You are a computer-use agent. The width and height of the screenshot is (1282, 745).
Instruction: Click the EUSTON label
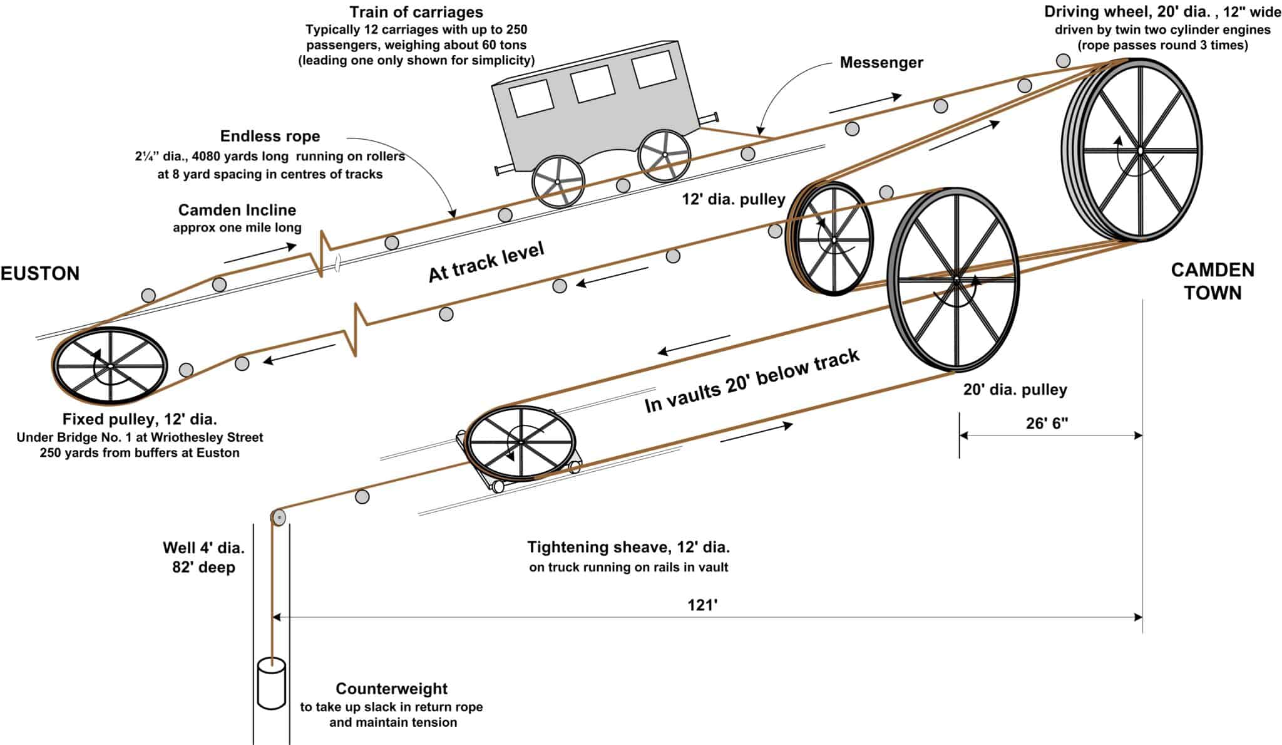click(x=40, y=274)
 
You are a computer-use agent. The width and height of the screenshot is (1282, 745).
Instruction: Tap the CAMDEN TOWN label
click(x=1213, y=281)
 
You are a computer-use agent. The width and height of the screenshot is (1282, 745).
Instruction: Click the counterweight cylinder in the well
click(x=272, y=683)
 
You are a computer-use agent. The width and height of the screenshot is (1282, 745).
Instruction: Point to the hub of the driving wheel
click(x=1141, y=150)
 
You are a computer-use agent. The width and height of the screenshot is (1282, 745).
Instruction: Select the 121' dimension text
click(x=702, y=605)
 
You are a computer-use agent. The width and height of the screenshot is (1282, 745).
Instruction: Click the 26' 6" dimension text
click(x=1047, y=424)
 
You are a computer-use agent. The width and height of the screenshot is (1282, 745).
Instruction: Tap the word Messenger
click(x=881, y=63)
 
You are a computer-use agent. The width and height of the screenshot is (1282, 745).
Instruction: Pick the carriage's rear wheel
click(x=558, y=182)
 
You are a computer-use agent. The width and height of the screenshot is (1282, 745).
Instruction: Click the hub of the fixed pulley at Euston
click(x=110, y=366)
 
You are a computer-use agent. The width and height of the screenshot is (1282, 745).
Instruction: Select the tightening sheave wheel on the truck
click(x=521, y=442)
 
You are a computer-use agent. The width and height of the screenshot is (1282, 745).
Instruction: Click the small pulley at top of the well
click(x=278, y=518)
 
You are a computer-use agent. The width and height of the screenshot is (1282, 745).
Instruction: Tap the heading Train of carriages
click(x=416, y=12)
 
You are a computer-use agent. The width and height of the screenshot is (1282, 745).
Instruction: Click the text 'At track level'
click(x=486, y=262)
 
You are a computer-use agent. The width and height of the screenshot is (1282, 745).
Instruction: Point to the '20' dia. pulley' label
click(x=1015, y=390)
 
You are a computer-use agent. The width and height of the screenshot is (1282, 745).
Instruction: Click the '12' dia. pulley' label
click(x=733, y=199)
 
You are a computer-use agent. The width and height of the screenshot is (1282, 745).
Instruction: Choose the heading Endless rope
click(x=270, y=136)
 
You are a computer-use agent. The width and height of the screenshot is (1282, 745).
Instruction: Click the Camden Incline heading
click(x=237, y=210)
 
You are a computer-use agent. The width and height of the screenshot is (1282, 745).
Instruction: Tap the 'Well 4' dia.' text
click(x=203, y=548)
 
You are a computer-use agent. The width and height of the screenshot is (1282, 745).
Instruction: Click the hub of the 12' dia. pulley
click(x=834, y=239)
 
